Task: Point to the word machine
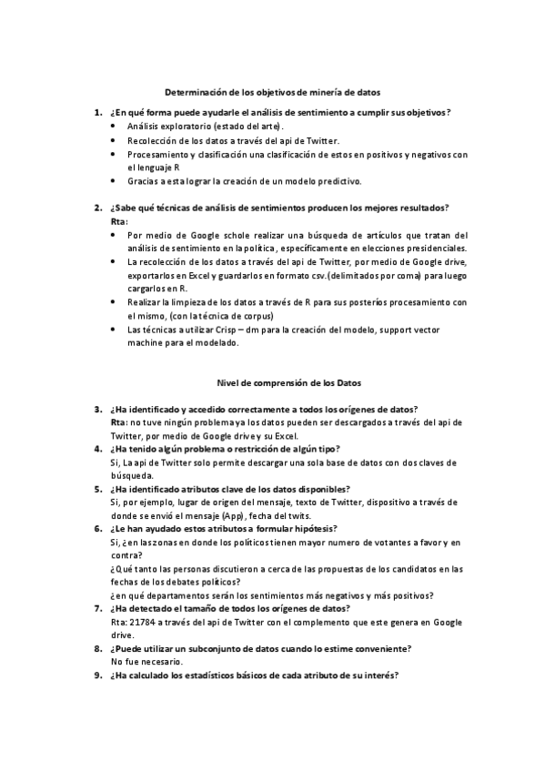146,343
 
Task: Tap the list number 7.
97,608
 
